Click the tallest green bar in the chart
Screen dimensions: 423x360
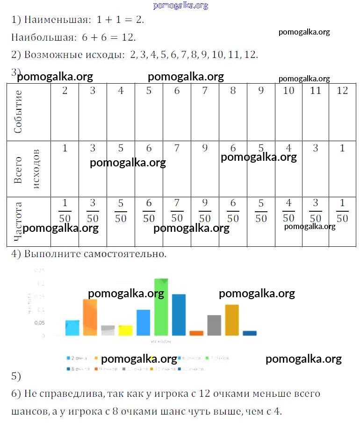click(161, 307)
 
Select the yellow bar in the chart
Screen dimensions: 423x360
click(125, 330)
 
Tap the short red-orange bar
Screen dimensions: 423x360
click(196, 333)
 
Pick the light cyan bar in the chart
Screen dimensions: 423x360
click(72, 328)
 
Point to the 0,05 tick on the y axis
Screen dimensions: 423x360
click(39, 323)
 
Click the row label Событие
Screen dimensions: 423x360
click(19, 112)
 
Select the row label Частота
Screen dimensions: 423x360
click(19, 221)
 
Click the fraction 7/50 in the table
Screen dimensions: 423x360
click(177, 211)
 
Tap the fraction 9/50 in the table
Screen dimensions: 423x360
click(205, 211)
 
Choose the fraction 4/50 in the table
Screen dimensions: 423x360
click(289, 211)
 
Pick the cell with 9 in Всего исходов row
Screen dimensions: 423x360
click(205, 149)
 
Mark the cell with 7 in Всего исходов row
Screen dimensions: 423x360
click(177, 149)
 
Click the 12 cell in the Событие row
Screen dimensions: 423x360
click(342, 91)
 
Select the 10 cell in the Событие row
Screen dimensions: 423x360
click(289, 91)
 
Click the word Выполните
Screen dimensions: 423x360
click(50, 254)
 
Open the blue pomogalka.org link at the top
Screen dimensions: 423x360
click(180, 6)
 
